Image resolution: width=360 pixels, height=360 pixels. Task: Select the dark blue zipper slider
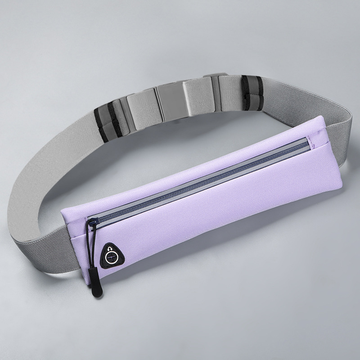click(94, 221)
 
